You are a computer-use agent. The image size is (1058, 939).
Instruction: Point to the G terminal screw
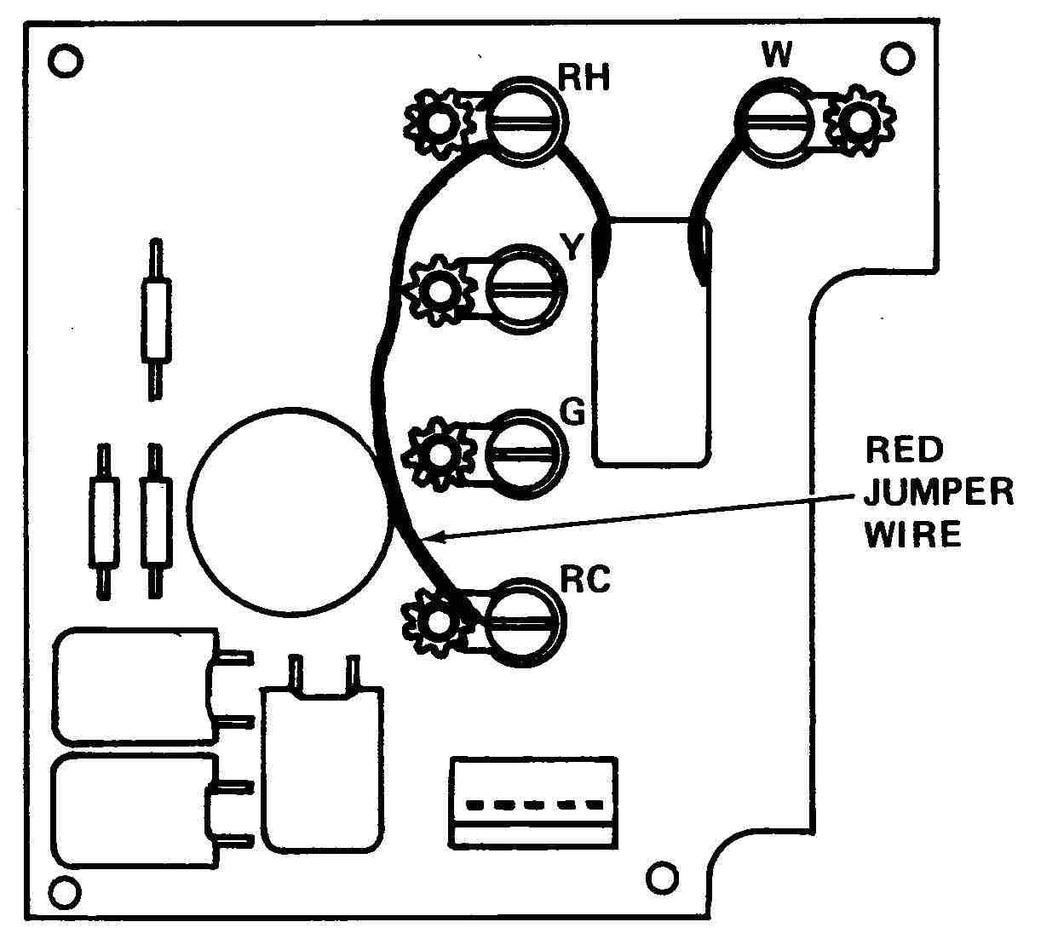pos(524,453)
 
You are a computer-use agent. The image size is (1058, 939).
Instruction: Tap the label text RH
pos(584,78)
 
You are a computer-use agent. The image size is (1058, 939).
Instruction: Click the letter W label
pos(776,55)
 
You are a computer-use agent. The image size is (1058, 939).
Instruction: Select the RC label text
pos(585,579)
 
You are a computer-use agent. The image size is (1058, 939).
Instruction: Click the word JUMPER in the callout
pos(939,492)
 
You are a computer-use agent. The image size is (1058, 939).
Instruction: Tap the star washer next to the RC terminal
pos(437,624)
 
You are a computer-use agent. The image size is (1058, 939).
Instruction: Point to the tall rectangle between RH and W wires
pos(652,341)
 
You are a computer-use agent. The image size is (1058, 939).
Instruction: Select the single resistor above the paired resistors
pos(155,319)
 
